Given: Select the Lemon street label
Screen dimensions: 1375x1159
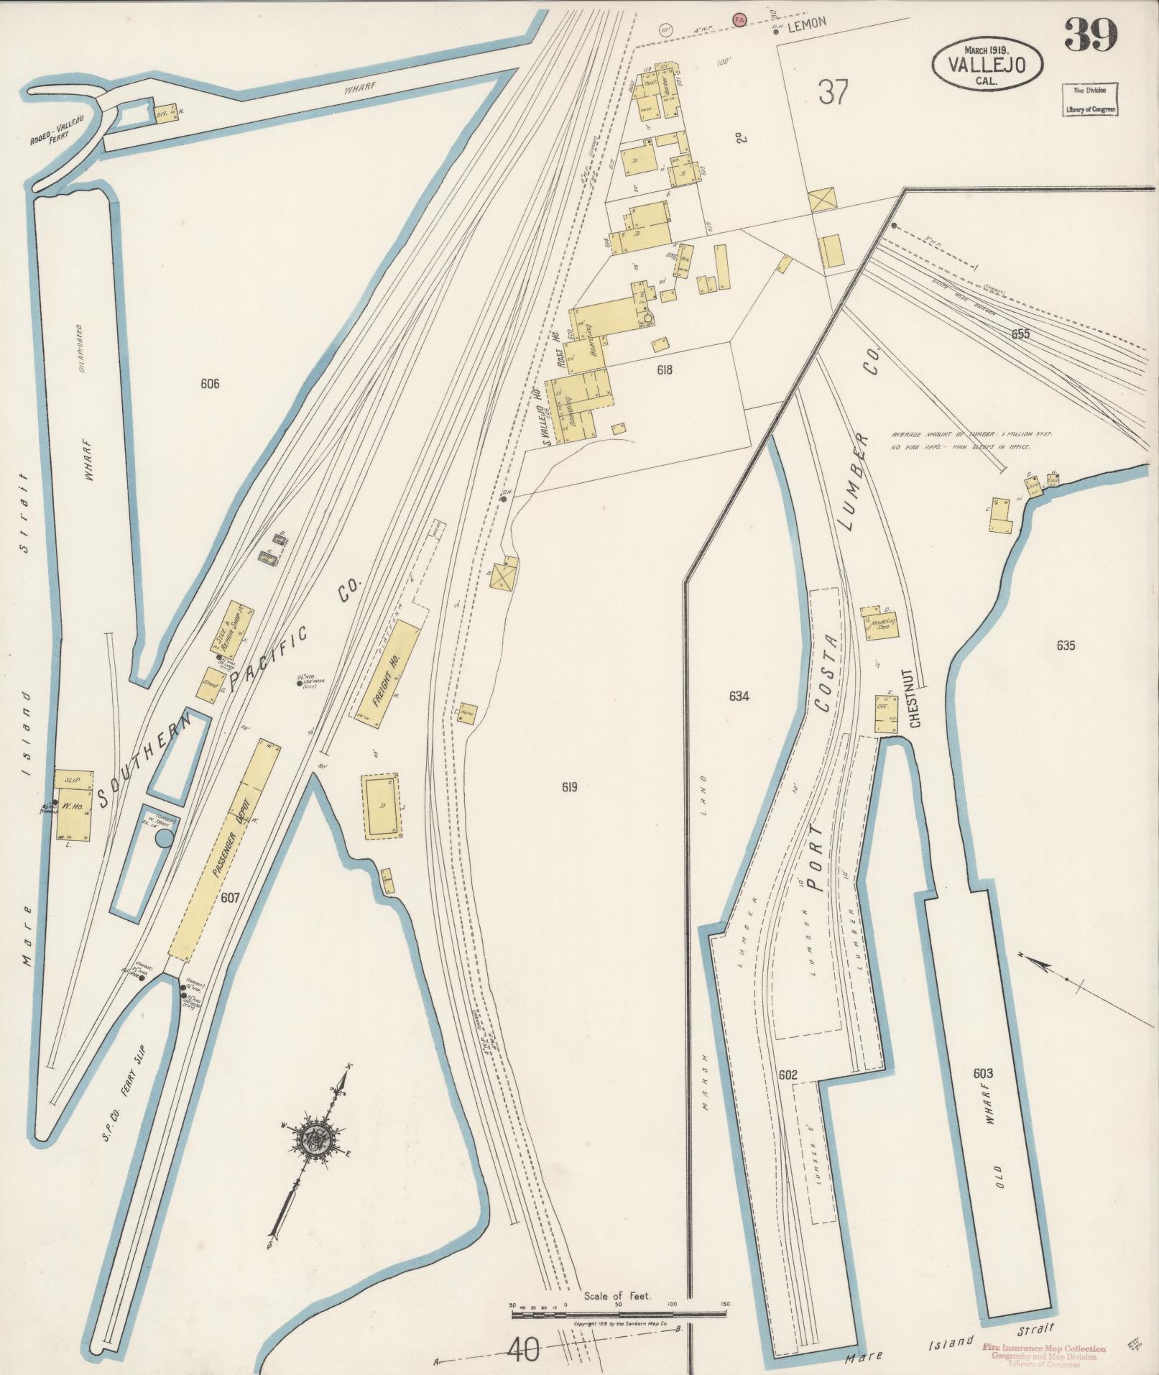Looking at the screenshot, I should tap(807, 23).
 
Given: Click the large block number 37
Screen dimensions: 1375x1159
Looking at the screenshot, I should tap(833, 92).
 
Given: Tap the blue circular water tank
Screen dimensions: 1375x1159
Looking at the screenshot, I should tap(165, 839).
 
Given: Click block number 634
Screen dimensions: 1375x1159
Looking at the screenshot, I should tap(739, 696).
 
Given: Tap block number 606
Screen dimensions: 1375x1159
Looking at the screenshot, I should tap(210, 384).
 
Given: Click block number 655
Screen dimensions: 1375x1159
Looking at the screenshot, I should tap(1020, 334).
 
